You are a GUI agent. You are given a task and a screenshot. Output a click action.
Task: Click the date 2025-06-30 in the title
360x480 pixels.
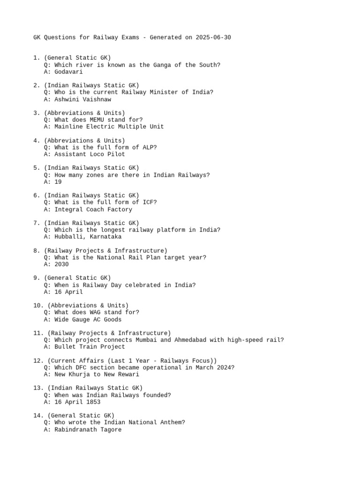[x=213, y=37]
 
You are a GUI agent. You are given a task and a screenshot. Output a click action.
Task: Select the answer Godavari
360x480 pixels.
[x=68, y=72]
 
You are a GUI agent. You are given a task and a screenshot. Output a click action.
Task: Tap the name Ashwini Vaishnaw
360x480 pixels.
[x=82, y=99]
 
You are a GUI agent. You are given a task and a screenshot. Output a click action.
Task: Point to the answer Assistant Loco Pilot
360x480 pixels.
[x=90, y=154]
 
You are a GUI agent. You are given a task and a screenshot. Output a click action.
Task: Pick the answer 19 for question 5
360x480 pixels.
[x=58, y=182]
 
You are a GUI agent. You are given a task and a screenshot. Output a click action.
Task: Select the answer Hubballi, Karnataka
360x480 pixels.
[x=88, y=237]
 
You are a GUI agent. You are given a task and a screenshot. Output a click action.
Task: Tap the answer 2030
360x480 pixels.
[x=61, y=264]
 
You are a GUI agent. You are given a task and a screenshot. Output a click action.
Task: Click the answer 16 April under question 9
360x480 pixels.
[x=68, y=292]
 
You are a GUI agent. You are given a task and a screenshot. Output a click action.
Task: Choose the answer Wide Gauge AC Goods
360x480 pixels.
[x=88, y=320]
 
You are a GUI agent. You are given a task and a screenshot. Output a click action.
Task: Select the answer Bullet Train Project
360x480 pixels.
[x=90, y=347]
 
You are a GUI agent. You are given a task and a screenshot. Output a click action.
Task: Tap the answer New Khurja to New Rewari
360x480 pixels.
[x=97, y=375]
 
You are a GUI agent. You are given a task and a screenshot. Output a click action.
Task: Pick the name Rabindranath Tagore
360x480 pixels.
[x=88, y=429]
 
